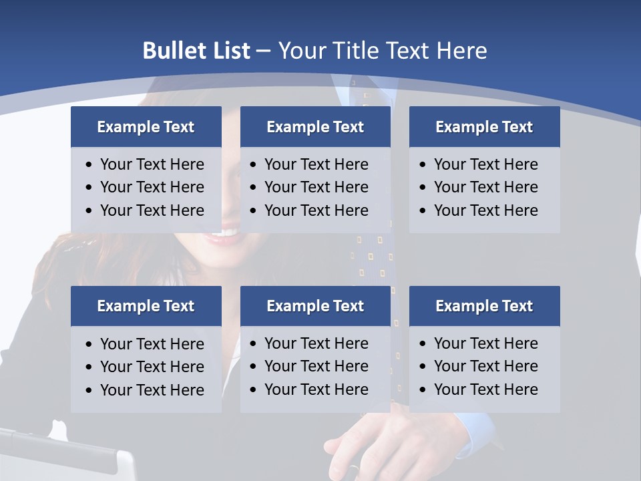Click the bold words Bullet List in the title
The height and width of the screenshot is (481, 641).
(196, 51)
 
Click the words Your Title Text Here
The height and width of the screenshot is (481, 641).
(383, 51)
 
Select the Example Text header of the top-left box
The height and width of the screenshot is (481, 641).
(146, 127)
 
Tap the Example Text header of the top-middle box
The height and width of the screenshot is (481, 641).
(315, 127)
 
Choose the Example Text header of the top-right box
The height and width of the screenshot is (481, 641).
(484, 127)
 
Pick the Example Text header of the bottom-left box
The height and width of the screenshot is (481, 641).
(146, 306)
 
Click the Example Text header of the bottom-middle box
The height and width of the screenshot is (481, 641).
(315, 306)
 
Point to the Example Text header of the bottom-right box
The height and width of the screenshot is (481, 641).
(484, 306)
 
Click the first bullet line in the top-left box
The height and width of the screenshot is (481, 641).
(152, 164)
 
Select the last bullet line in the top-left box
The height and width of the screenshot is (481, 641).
(152, 210)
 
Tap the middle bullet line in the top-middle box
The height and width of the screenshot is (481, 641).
(316, 187)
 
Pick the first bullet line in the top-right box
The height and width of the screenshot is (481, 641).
(485, 164)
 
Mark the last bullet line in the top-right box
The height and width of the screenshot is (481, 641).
(485, 210)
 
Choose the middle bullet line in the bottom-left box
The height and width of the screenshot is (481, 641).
(152, 367)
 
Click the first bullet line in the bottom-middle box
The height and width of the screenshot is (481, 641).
(316, 343)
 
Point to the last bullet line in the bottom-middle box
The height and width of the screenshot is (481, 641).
(316, 389)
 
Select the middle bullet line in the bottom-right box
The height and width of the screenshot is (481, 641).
(485, 366)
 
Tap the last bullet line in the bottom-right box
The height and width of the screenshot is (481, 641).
(485, 389)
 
